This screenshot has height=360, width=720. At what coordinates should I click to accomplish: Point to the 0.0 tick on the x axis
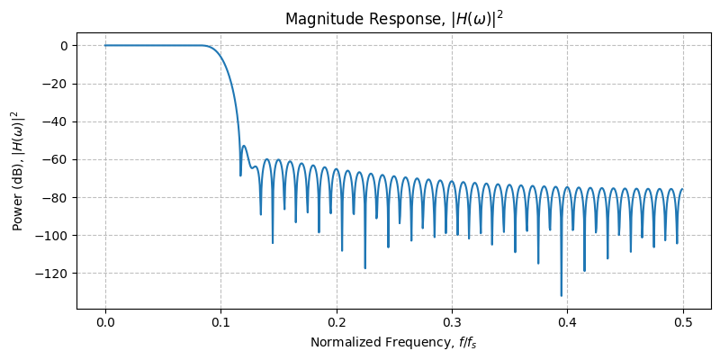[x=105, y=322]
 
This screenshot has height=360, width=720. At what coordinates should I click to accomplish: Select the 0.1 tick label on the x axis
[x=220, y=322]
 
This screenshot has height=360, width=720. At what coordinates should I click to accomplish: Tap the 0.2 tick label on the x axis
[x=336, y=322]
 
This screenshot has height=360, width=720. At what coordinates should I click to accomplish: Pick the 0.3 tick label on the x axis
[x=452, y=322]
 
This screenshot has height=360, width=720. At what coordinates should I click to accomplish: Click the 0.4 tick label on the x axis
[x=567, y=322]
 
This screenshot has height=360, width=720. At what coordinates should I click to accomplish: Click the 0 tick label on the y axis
[x=63, y=46]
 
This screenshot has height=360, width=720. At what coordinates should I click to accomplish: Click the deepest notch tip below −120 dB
[x=562, y=295]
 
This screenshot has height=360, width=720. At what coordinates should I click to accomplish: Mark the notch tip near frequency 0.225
[x=365, y=268]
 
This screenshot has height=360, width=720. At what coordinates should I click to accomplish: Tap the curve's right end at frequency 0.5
[x=682, y=189]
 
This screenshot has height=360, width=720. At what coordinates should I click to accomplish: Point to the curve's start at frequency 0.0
[x=105, y=46]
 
